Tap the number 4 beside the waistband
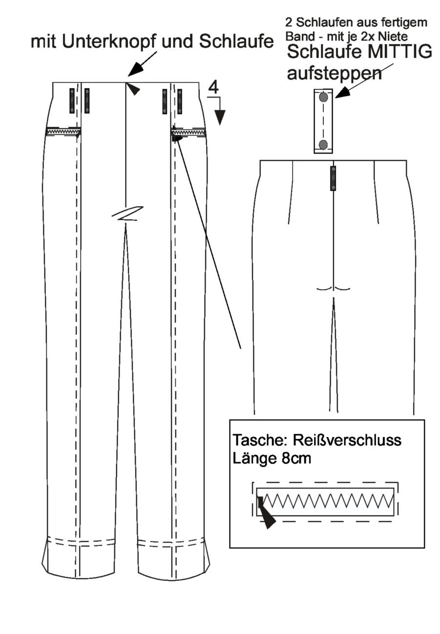(213, 87)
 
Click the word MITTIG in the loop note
(397, 52)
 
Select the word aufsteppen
(335, 74)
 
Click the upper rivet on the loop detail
(323, 98)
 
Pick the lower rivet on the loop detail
(323, 145)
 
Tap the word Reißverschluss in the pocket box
(347, 440)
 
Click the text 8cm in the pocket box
(296, 458)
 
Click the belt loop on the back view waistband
(333, 178)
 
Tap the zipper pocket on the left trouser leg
(63, 132)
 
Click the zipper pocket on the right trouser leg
(188, 132)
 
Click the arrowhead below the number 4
(220, 118)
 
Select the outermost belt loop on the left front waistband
(72, 101)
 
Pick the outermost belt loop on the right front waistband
(180, 101)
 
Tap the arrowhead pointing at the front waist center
(133, 89)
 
